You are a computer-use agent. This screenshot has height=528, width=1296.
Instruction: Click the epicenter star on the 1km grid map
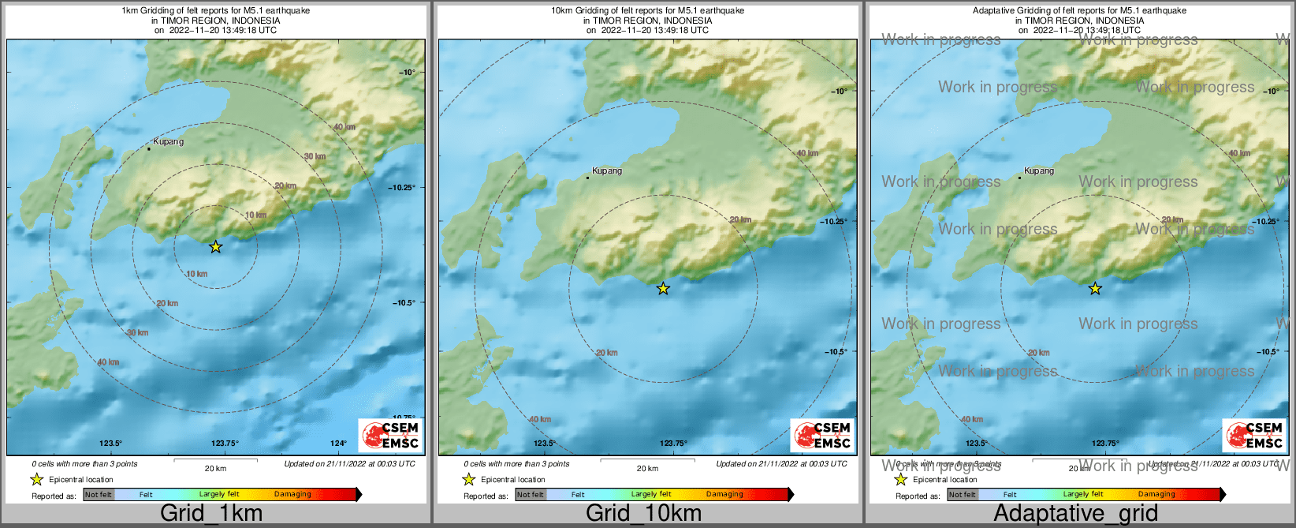tap(216, 247)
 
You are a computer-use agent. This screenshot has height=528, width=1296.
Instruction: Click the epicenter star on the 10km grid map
tap(664, 289)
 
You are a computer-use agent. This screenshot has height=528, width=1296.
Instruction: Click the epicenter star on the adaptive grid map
tap(1095, 289)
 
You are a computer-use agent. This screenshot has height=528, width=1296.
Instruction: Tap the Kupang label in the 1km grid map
tap(168, 142)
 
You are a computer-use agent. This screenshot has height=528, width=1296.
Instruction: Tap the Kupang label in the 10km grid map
tap(607, 170)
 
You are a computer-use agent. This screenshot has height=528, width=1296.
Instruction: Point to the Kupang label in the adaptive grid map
tap(1038, 170)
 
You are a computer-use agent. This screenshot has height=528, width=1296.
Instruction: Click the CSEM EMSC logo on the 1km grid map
tap(391, 435)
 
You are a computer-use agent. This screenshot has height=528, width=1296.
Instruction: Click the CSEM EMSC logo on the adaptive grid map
tap(1254, 435)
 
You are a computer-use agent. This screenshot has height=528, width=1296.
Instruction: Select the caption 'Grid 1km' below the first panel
tap(211, 514)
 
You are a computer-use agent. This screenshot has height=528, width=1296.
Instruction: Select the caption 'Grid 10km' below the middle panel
tap(643, 514)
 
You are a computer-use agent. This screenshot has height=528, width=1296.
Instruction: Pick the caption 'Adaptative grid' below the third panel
tap(1075, 514)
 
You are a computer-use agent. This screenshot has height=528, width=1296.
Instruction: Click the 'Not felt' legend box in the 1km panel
tap(99, 495)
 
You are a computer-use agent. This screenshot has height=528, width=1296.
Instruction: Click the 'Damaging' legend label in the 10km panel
tap(724, 495)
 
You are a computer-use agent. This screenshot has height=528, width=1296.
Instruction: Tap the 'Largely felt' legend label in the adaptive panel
tap(1082, 495)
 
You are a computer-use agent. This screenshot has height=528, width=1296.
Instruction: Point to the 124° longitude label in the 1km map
tap(338, 444)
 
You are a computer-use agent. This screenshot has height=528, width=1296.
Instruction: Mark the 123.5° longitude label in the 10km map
tap(544, 444)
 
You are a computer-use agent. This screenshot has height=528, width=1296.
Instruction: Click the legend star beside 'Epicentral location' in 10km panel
tap(468, 479)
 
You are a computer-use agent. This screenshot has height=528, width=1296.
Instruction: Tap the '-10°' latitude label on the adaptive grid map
tap(1270, 92)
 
